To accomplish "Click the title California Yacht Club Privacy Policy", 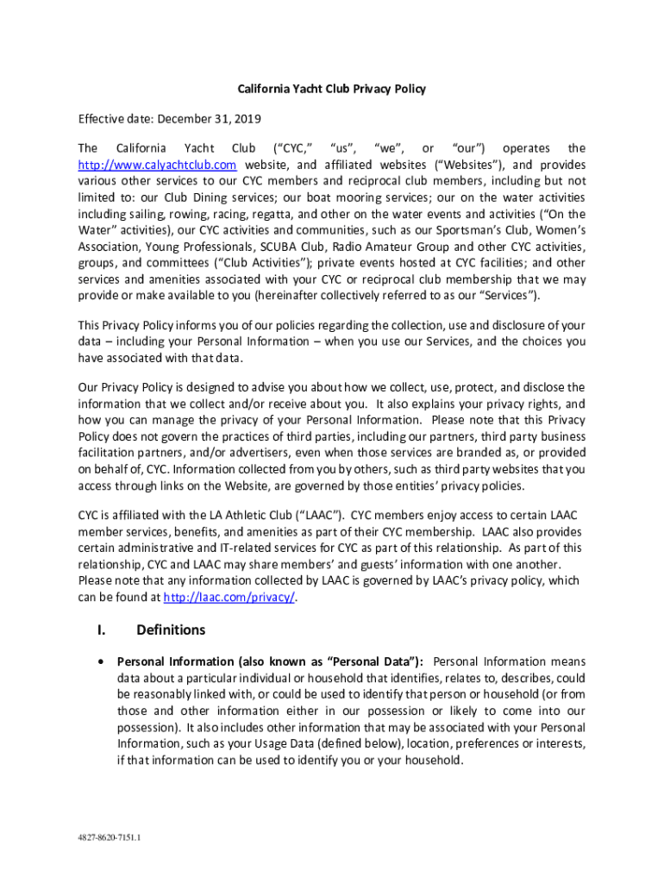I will [332, 89].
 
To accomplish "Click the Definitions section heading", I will [171, 630].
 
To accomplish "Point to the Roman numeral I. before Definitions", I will [101, 630].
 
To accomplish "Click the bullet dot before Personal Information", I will [103, 662].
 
